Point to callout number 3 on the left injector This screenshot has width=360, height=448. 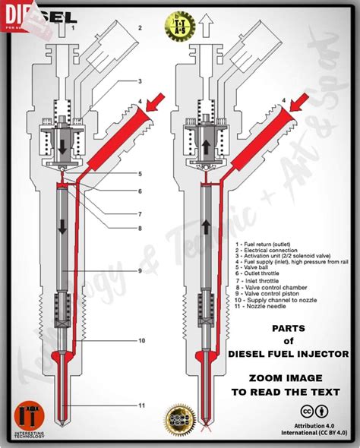[x=140, y=81]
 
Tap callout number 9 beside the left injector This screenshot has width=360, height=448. [x=140, y=271]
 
